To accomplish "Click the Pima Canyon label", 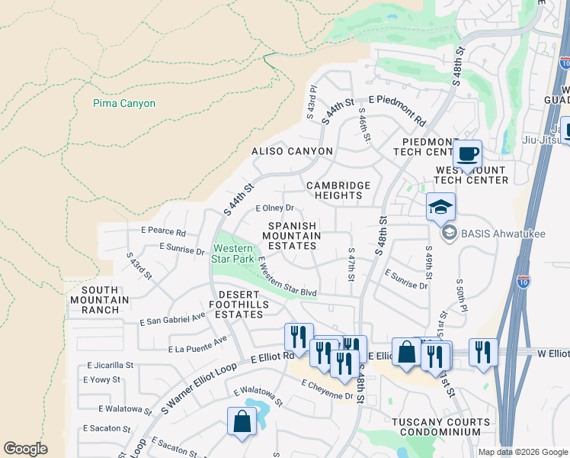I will click(124, 103).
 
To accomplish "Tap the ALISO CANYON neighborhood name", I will click(293, 151).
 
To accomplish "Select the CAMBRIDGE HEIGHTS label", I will click(338, 190).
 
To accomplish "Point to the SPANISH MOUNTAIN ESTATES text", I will click(292, 236).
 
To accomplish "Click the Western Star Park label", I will click(233, 253).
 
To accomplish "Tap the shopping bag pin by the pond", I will click(242, 421).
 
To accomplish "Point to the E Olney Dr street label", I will click(274, 208).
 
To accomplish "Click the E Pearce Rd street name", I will click(163, 231).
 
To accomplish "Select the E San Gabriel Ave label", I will click(173, 321).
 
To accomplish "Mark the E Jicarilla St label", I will click(110, 366).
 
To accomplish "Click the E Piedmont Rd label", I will click(397, 110).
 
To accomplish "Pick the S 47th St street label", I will click(351, 264).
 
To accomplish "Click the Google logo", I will click(25, 449).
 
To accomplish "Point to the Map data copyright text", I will click(522, 452).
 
